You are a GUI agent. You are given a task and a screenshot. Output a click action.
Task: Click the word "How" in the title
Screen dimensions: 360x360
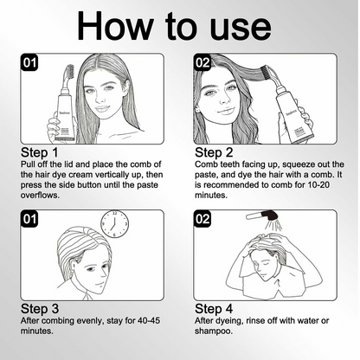115,25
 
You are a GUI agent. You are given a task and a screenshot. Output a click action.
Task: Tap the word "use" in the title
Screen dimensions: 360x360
241,29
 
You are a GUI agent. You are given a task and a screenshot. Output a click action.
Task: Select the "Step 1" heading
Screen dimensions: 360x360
39,152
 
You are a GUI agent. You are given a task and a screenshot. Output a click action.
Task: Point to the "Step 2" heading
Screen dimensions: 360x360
214,152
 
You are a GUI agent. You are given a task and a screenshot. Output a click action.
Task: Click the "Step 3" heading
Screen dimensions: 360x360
40,309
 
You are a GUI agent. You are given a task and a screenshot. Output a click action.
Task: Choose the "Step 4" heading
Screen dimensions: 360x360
214,309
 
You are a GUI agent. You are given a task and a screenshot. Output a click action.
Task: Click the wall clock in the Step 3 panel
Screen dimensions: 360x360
114,224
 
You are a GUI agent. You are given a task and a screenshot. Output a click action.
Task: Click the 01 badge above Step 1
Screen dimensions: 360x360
29,62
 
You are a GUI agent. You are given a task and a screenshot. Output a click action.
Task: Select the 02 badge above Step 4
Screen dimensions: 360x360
202,219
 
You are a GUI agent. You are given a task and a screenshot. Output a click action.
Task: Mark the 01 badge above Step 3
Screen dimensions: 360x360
29,219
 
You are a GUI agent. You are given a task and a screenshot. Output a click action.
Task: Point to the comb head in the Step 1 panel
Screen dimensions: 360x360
69,74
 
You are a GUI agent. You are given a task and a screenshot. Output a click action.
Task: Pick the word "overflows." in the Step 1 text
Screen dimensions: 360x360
40,196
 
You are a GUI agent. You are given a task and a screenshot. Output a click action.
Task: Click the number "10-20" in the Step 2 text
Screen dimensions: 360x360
318,185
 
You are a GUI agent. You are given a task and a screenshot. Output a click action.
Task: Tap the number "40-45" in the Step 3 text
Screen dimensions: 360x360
149,320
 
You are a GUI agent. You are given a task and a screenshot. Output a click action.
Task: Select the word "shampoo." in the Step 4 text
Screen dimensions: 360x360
214,331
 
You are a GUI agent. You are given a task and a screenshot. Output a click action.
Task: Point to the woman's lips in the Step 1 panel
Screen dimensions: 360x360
102,109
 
